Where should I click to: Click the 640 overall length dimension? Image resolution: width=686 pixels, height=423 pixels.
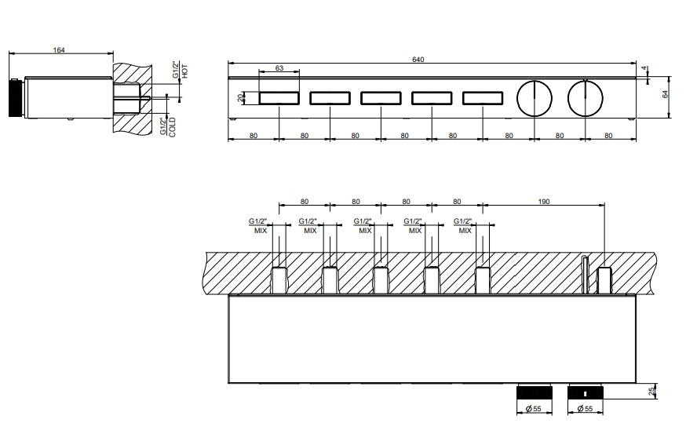418,60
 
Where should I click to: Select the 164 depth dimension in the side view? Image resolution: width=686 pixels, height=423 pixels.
59,50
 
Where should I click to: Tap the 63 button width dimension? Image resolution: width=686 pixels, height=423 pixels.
279,67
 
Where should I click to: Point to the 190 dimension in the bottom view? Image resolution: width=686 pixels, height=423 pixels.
543,202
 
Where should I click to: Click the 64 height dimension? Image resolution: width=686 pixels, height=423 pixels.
666,94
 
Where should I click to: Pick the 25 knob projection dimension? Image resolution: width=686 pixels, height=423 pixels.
653,391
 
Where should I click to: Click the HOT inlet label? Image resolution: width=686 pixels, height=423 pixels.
184,71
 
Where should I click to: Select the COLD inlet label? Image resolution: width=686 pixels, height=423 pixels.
172,126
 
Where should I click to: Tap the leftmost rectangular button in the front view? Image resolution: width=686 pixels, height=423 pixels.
279,98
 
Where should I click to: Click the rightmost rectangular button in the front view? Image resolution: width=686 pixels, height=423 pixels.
483,98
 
